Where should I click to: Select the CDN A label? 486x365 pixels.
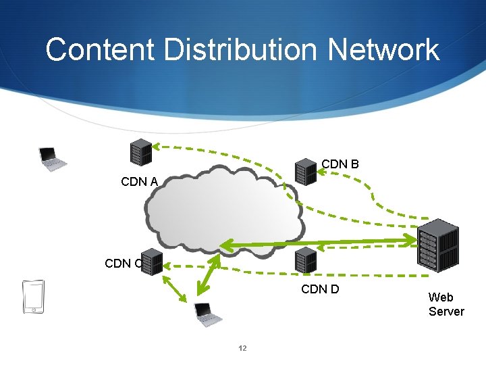(139, 181)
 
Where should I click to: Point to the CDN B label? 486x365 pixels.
(340, 164)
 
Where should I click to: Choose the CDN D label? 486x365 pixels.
(320, 290)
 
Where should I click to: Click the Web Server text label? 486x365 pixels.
(446, 304)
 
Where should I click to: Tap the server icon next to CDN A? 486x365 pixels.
(140, 153)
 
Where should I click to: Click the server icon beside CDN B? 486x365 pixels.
(306, 172)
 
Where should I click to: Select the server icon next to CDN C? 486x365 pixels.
(152, 262)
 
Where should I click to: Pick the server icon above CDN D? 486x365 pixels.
(306, 260)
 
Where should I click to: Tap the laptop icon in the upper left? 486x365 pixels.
(52, 159)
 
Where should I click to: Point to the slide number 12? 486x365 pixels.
(243, 349)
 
